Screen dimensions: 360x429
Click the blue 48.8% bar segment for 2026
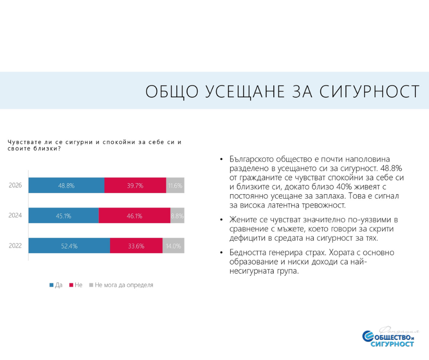click(x=66, y=185)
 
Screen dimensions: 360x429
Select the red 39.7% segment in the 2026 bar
click(x=135, y=185)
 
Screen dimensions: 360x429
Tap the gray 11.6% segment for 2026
click(x=175, y=185)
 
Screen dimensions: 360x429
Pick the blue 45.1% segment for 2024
click(x=63, y=216)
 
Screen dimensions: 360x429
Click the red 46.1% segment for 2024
click(x=135, y=216)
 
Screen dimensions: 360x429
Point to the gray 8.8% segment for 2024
click(x=177, y=216)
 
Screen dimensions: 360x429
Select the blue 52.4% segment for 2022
click(x=69, y=246)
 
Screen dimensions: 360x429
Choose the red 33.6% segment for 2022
click(x=136, y=246)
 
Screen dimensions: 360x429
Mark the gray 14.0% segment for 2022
click(x=173, y=246)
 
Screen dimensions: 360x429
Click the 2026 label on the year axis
click(x=16, y=185)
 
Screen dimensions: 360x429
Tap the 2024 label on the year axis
click(x=16, y=216)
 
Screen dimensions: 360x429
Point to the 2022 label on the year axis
click(x=16, y=246)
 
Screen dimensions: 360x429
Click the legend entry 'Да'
click(x=56, y=285)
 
